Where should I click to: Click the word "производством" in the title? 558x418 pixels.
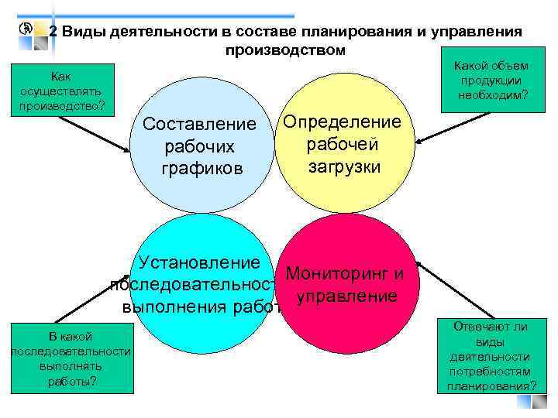point(284,51)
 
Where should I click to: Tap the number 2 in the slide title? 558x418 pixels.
point(53,33)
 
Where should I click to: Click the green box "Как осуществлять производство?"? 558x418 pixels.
point(60,91)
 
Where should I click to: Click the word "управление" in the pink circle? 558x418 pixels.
point(346,296)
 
